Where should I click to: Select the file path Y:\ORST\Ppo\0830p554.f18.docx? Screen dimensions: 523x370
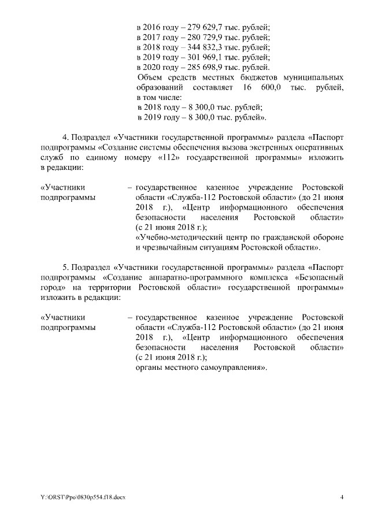click(83, 498)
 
